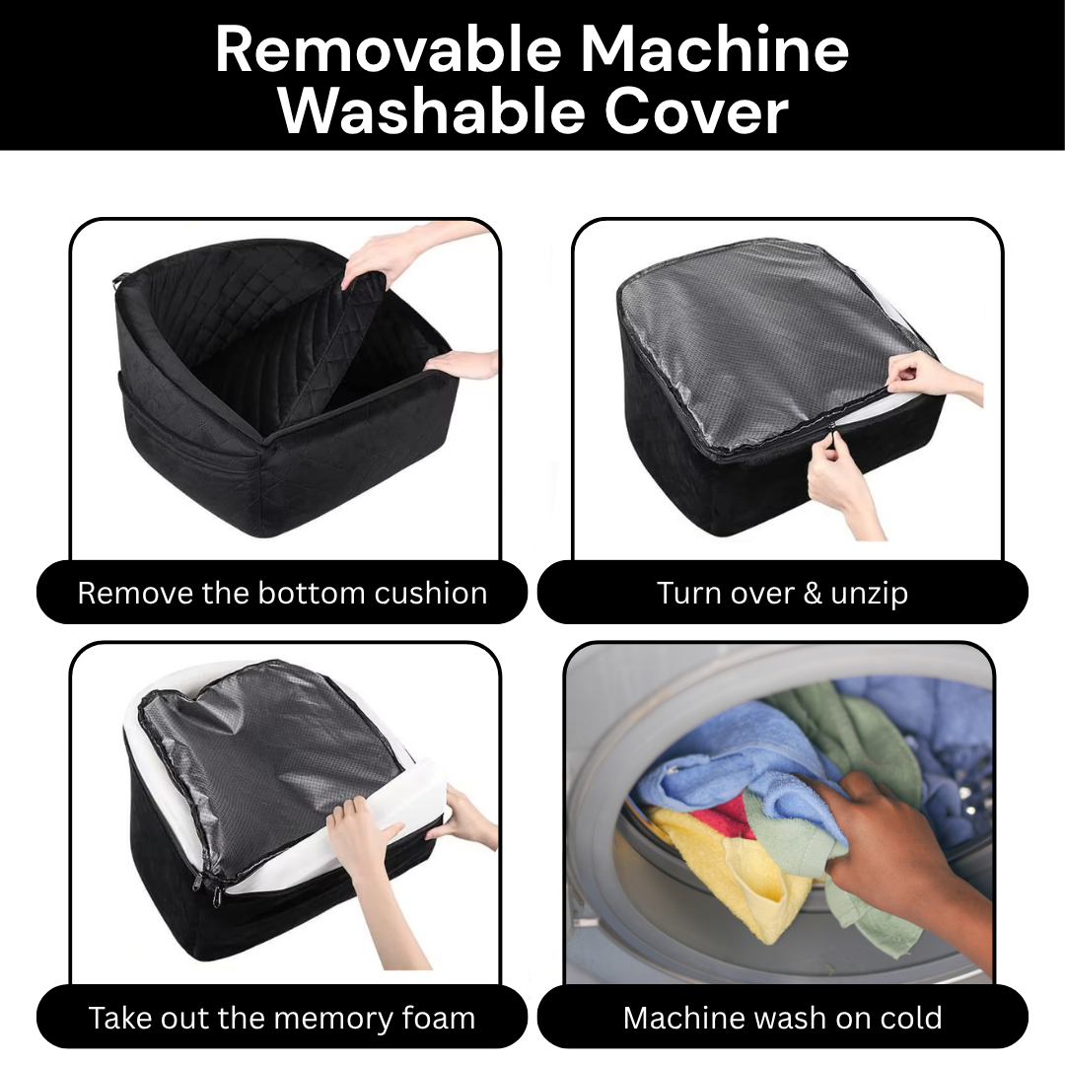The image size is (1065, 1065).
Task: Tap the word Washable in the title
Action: [431, 111]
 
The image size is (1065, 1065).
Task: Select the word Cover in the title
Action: [696, 111]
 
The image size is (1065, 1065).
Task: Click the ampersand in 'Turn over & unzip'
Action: [813, 593]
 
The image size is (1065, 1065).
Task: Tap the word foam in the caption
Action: [439, 1018]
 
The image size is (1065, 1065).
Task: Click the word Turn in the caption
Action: [682, 593]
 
